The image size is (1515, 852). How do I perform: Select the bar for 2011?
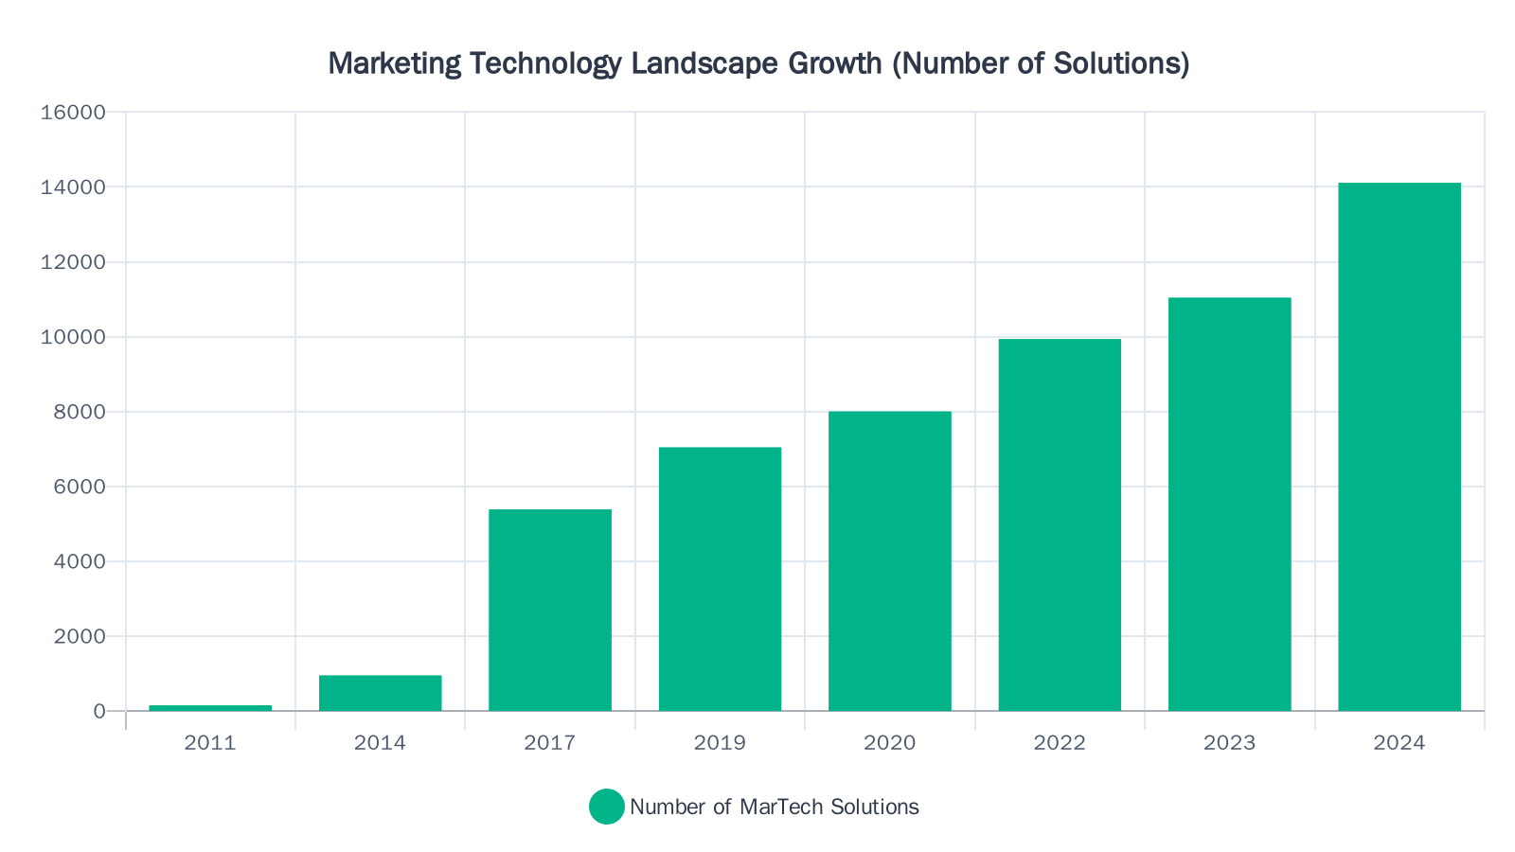click(x=210, y=707)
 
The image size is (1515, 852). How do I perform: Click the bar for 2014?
click(x=380, y=693)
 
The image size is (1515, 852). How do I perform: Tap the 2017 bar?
click(x=550, y=611)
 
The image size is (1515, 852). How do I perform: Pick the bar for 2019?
click(x=720, y=579)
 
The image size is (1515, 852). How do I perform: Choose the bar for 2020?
click(x=890, y=561)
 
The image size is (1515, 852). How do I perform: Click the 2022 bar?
click(x=1060, y=525)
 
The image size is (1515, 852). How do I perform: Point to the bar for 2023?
click(x=1229, y=505)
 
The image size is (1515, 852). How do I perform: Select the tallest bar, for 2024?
click(x=1399, y=447)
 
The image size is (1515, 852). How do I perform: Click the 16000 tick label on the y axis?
click(x=73, y=113)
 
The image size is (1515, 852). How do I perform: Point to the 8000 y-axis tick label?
click(x=80, y=412)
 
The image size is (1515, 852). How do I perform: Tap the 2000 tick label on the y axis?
click(x=80, y=636)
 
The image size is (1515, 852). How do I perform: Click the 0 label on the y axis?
click(x=99, y=711)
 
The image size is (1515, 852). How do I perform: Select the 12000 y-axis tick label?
click(x=73, y=262)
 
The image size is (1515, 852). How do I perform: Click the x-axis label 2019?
click(x=720, y=743)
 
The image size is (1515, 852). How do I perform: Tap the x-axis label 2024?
click(x=1399, y=743)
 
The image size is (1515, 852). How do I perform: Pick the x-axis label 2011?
click(x=210, y=743)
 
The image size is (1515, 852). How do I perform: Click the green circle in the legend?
click(x=607, y=807)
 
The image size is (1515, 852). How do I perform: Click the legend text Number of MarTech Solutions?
click(x=774, y=807)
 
